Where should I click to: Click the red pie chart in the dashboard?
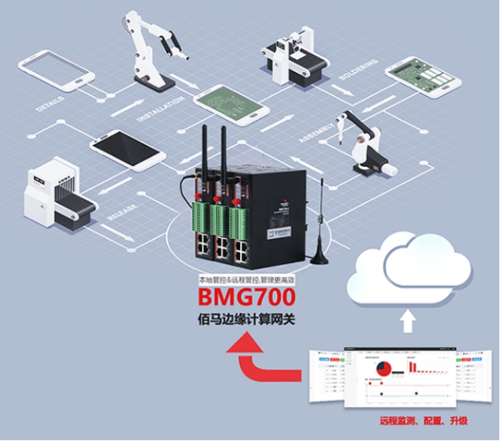pyautogui.click(x=384, y=368)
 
